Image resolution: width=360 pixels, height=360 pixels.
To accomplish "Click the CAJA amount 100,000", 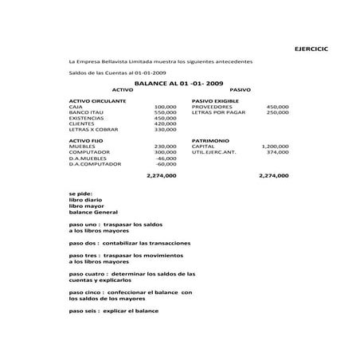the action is click(x=165, y=107).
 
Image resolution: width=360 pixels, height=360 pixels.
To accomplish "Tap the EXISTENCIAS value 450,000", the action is click(x=165, y=118).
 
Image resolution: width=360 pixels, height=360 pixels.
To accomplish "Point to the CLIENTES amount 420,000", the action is click(x=165, y=123).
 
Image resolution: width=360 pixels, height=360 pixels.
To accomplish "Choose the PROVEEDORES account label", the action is click(x=212, y=107).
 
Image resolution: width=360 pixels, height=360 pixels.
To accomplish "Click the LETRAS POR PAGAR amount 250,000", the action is click(x=277, y=112).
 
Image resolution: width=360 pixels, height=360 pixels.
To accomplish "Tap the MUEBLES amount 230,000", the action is click(x=165, y=147).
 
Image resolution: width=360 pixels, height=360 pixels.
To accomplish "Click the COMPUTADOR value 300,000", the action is click(x=165, y=152).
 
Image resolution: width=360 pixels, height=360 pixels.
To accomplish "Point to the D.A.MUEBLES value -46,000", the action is click(x=166, y=158).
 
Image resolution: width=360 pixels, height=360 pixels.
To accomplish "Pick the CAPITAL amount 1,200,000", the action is click(x=275, y=147).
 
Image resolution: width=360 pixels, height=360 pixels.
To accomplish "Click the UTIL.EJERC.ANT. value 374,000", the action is click(x=277, y=152).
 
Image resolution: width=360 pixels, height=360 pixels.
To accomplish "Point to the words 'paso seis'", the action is click(x=84, y=310).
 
